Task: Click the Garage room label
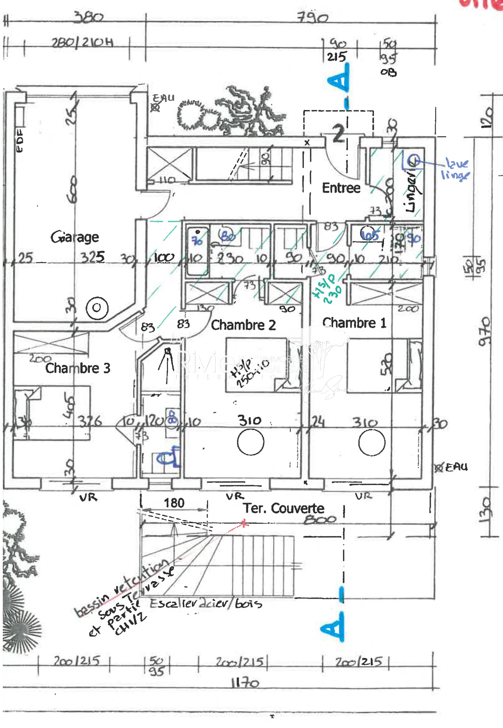tap(75, 237)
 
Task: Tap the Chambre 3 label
tap(78, 368)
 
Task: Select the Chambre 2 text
tap(243, 325)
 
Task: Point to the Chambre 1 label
tap(354, 323)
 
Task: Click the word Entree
tap(341, 188)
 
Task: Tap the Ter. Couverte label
tap(283, 508)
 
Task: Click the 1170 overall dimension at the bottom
tap(245, 684)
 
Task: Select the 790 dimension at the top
tap(312, 17)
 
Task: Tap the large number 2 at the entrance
tap(339, 134)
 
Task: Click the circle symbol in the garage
tap(97, 308)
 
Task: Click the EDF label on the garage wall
tap(19, 140)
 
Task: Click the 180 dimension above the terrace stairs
tap(174, 503)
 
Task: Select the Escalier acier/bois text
tap(206, 603)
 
